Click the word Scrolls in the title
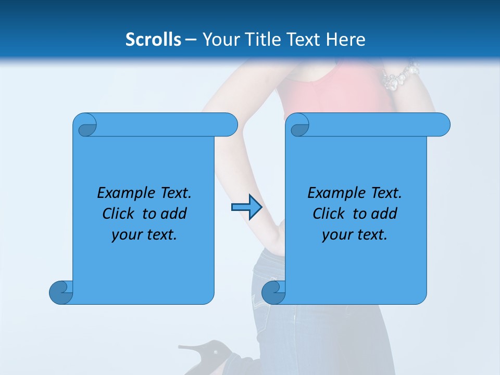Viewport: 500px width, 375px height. pos(154,40)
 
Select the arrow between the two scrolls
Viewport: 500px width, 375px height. pos(246,207)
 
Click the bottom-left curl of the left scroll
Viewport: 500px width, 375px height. pos(61,292)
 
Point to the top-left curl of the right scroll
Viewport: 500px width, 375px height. pos(299,125)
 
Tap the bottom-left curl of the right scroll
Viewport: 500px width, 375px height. pos(273,292)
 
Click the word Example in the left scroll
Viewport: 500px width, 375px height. pos(123,193)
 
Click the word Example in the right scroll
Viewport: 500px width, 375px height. pos(333,193)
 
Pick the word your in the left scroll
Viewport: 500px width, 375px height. pos(127,235)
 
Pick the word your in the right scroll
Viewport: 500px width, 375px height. pos(337,235)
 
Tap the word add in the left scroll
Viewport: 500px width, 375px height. pos(174,214)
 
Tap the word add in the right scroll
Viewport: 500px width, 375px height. pos(384,214)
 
